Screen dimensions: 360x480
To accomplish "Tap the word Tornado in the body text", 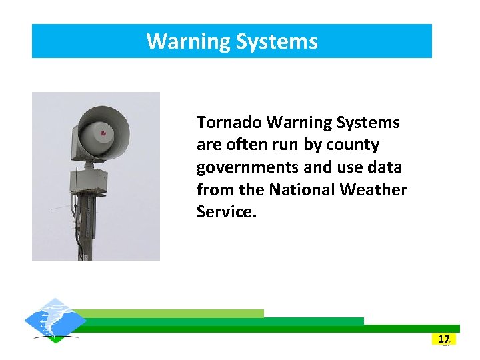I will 229,123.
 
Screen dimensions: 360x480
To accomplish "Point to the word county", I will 354,145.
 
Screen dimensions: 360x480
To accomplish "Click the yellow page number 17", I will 444,339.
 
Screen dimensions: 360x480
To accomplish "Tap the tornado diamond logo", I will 55,321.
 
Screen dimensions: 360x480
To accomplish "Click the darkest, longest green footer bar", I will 267,329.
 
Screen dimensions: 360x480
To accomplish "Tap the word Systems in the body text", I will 368,123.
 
